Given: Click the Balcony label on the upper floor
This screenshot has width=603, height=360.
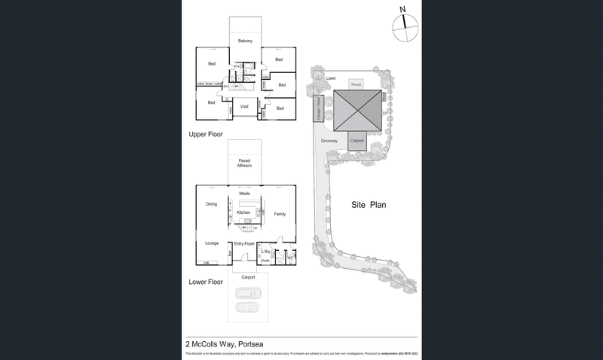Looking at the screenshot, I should coord(245,41).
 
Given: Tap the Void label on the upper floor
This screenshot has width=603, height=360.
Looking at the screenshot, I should coord(244,107).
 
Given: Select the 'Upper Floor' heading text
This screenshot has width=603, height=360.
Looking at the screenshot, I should coord(206,133).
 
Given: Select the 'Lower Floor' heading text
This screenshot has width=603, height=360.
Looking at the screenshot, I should coord(206,282).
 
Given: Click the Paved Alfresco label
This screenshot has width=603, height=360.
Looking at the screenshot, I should coord(244,163).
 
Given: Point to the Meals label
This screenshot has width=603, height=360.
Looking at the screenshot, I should coord(244,194).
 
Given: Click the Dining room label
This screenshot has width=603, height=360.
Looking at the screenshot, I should coord(211,204).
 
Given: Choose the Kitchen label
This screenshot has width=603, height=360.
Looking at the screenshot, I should coord(243,213).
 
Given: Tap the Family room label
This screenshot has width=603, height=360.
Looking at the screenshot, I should coord(280,214).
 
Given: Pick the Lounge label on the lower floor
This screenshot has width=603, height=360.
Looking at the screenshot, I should coord(211,243).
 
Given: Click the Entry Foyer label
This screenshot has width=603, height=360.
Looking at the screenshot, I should coord(244,244).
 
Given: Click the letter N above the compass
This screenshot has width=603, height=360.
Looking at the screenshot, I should coord(403,9).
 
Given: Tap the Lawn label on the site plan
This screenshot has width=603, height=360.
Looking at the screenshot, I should coord(330,78).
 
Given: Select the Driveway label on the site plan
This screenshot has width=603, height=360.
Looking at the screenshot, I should coord(329,141).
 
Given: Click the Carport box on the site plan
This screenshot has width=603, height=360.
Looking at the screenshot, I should coord(357,141).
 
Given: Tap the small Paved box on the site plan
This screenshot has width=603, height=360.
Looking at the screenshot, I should coord(357,85).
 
